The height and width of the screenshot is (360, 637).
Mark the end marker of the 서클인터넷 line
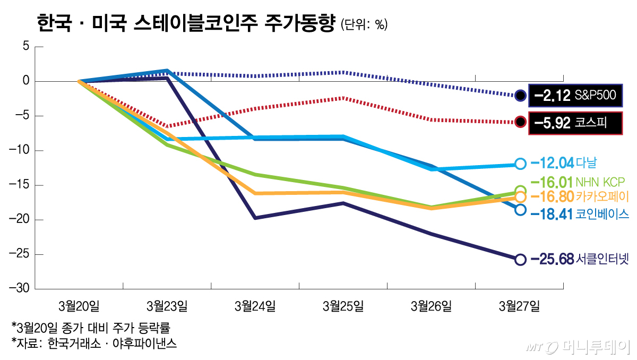(x=520, y=259)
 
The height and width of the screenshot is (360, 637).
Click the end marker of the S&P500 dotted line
(x=520, y=96)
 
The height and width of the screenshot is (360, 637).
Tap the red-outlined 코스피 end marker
(x=520, y=122)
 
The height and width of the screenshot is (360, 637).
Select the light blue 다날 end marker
(x=520, y=164)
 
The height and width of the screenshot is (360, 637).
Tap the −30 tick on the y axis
(x=18, y=289)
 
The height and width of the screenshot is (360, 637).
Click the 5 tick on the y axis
(x=24, y=47)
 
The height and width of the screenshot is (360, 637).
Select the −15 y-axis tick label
(x=18, y=185)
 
